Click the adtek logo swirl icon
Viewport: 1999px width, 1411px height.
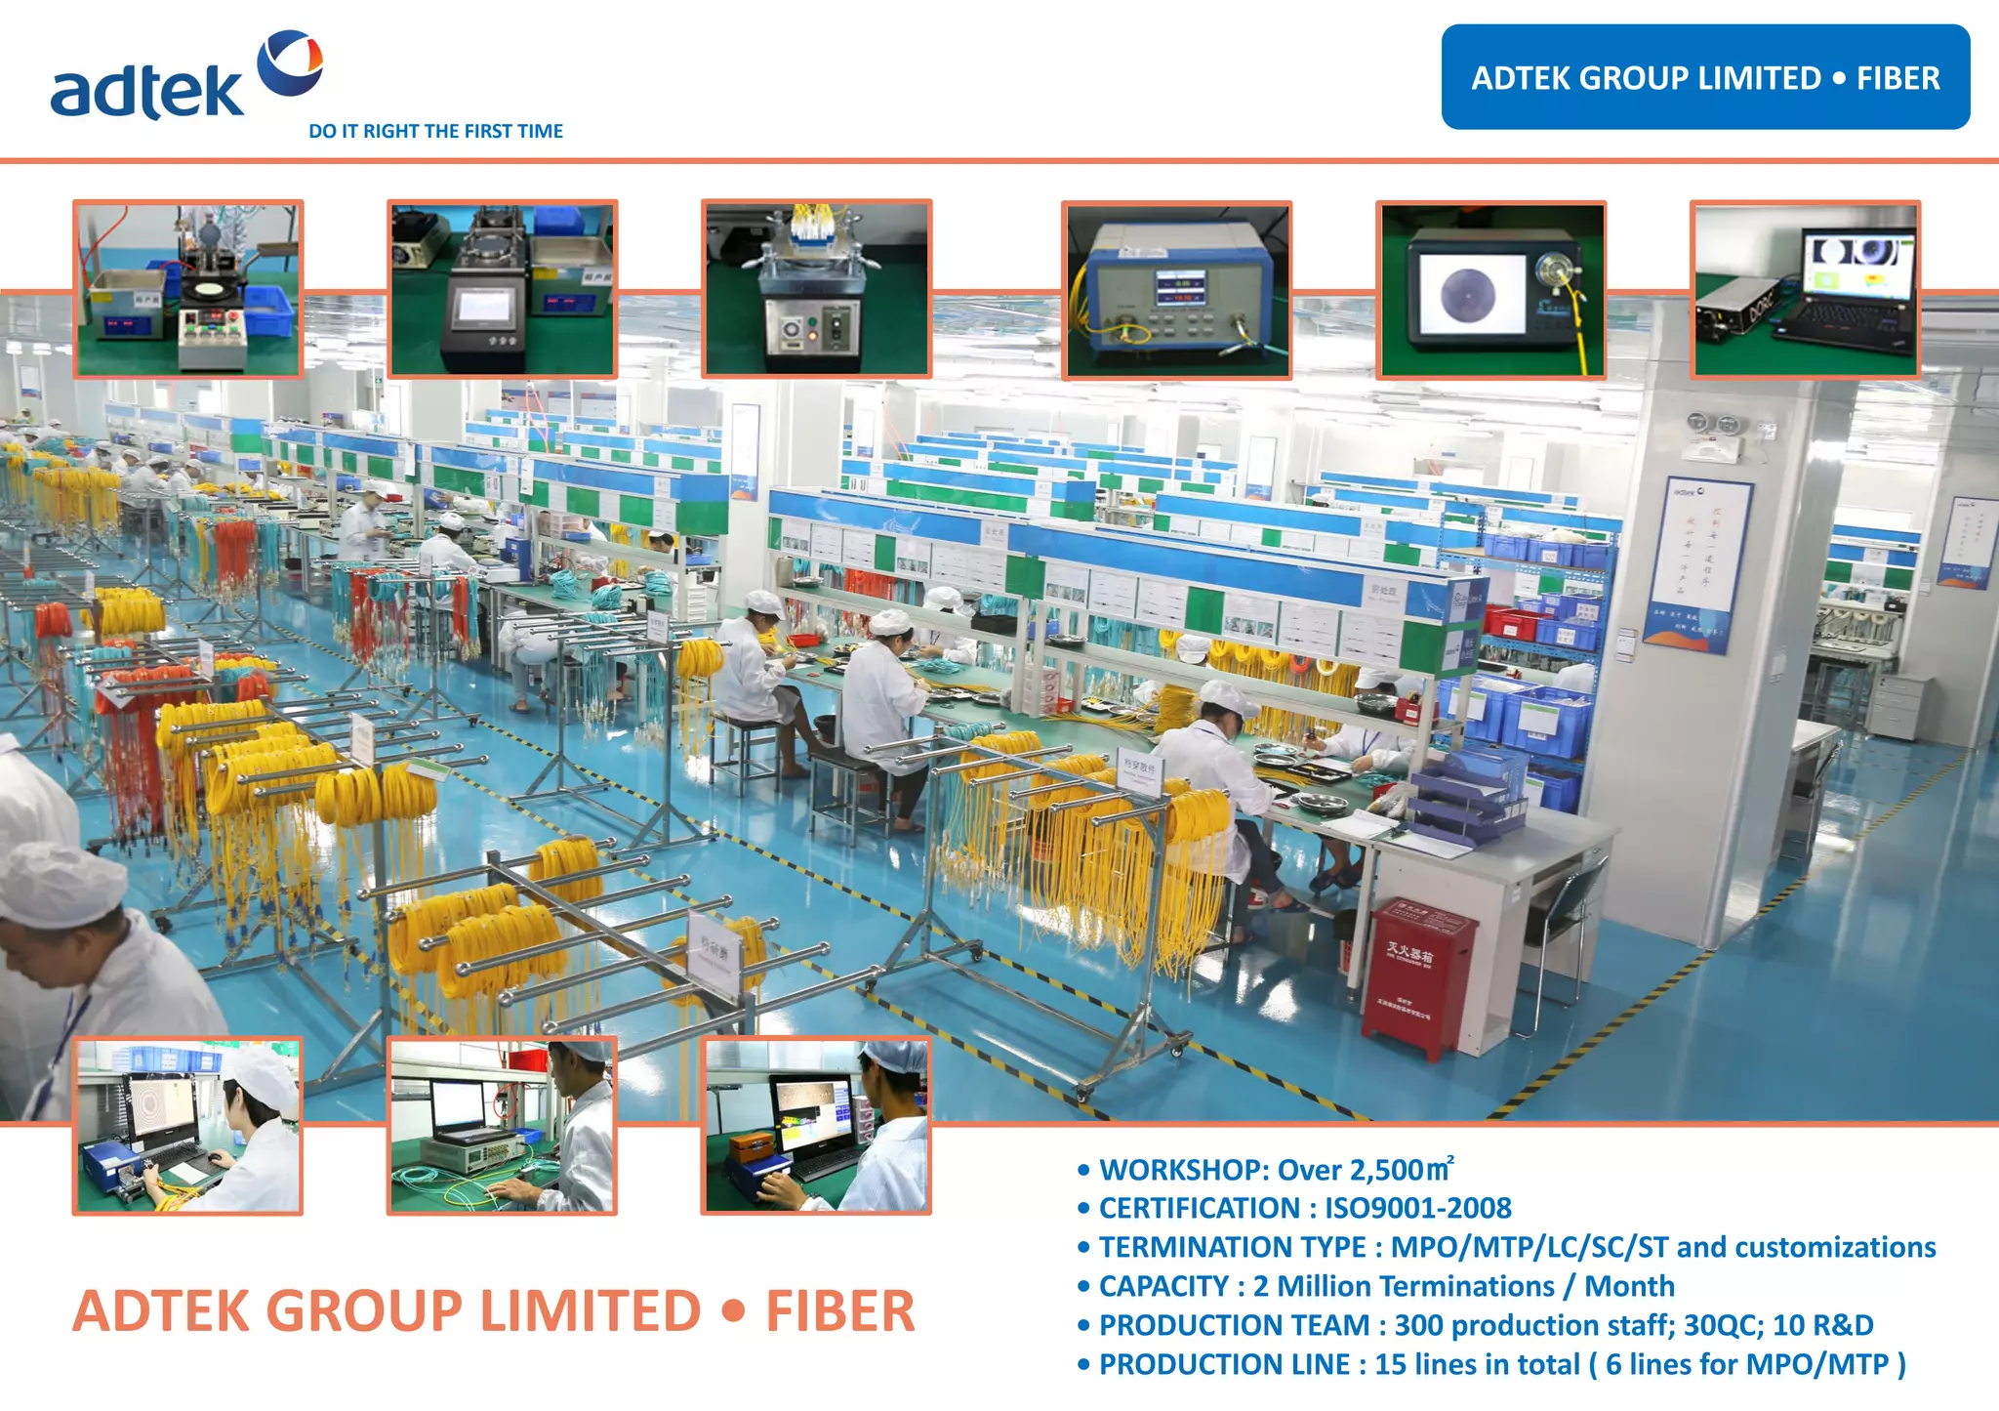click(x=290, y=62)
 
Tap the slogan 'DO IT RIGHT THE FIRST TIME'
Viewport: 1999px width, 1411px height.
click(x=435, y=131)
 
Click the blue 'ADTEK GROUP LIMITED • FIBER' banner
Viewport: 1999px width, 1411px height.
click(x=1704, y=77)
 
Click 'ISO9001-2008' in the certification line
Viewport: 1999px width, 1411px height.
click(x=1417, y=1209)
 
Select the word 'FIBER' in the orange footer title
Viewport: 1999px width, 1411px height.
click(x=840, y=1310)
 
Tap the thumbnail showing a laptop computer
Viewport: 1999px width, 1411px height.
click(x=1805, y=289)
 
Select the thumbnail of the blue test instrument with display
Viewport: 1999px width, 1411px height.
click(x=1176, y=290)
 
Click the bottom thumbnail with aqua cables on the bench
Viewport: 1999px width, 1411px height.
click(x=502, y=1126)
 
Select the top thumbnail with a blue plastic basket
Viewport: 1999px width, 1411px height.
click(x=187, y=289)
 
